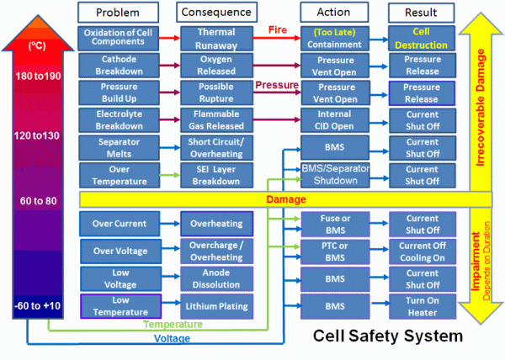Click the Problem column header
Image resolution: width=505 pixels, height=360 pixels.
[x=118, y=13]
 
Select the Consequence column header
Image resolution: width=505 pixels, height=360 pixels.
[x=216, y=12]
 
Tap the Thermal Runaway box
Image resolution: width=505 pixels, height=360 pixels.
[x=216, y=39]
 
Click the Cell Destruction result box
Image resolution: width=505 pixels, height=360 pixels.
[x=422, y=39]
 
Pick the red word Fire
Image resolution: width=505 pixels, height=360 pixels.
[x=277, y=30]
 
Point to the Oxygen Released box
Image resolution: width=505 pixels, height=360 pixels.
[x=216, y=66]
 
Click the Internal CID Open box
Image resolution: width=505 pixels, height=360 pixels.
[x=334, y=120]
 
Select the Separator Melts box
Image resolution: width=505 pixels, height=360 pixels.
[x=119, y=148]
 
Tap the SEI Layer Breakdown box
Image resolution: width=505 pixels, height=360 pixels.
[x=216, y=175]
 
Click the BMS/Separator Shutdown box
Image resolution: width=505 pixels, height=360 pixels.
[x=335, y=175]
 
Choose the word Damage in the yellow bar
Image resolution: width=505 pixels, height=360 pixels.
[x=286, y=199]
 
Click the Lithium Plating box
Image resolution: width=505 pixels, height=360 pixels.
[x=216, y=306]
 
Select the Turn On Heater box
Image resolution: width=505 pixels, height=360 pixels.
[x=423, y=306]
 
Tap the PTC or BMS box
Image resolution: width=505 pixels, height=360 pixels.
[x=335, y=251]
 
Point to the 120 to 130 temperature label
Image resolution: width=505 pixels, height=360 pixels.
[x=37, y=135]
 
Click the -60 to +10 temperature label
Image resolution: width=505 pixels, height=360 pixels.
[x=38, y=305]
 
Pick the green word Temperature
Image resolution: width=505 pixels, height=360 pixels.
[x=173, y=325]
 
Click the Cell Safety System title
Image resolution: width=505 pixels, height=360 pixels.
[x=388, y=336]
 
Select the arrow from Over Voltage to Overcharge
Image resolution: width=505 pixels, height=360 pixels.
[x=170, y=248]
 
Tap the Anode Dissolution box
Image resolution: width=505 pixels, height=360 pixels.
[x=216, y=278]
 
